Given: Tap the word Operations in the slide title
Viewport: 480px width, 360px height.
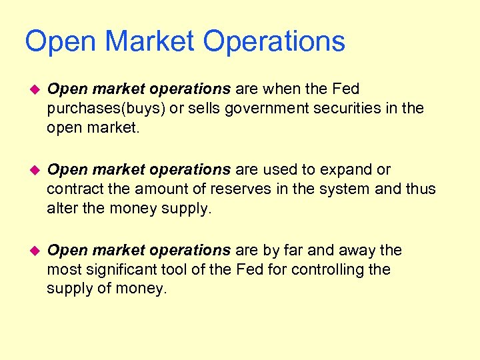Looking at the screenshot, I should pyautogui.click(x=274, y=42).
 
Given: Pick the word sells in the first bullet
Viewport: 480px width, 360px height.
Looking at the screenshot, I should pyautogui.click(x=190, y=108).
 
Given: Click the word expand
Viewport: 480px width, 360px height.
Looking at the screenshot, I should pyautogui.click(x=345, y=169).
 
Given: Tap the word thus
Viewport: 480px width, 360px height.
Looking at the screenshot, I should pyautogui.click(x=420, y=189).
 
